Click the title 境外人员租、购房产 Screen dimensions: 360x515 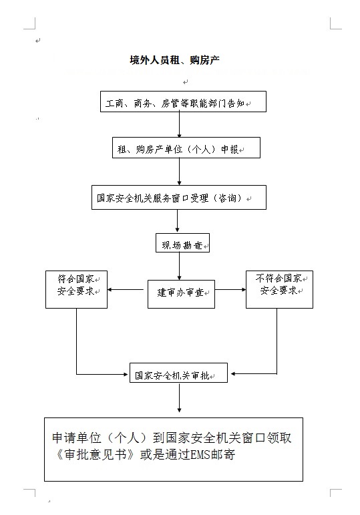174,60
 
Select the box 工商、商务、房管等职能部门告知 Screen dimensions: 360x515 183,102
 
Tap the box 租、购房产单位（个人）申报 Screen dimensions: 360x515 186,148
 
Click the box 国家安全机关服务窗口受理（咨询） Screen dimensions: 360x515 179,198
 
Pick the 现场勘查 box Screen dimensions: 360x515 182,243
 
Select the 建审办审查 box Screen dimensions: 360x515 181,295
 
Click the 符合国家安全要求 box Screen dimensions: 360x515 77,289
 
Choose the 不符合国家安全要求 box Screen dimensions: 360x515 280,289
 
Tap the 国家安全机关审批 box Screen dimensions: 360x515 179,373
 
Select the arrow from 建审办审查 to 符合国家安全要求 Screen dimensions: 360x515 126,290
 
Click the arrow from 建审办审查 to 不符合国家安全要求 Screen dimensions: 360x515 230,290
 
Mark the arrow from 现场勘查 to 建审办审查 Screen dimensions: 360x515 180,267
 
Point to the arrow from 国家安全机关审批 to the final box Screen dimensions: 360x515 180,397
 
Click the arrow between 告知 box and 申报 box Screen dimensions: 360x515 180,124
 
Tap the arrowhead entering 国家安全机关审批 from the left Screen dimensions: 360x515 126,374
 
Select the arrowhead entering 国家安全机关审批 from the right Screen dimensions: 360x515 233,374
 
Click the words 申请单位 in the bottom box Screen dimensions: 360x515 76,438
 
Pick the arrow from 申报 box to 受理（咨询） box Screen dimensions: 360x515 180,172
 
